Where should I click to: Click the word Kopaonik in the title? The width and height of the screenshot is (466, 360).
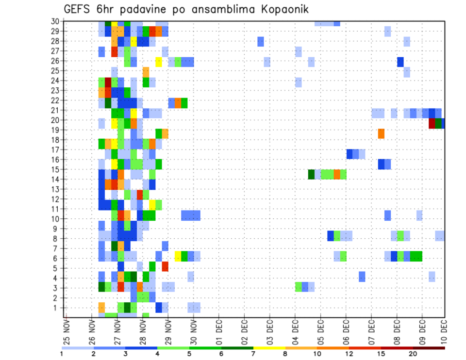[x=280, y=9]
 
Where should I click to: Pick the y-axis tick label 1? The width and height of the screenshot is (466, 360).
[x=56, y=308]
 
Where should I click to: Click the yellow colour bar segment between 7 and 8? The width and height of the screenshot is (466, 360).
[x=269, y=347]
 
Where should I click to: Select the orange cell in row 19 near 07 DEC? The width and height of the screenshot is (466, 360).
[x=381, y=133]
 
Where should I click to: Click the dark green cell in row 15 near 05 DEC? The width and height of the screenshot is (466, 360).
[x=311, y=174]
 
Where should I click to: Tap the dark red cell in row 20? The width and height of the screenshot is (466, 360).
[x=432, y=124]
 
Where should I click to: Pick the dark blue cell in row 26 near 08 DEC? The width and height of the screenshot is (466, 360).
[x=400, y=62]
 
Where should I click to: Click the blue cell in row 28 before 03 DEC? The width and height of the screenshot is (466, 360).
[x=261, y=42]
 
